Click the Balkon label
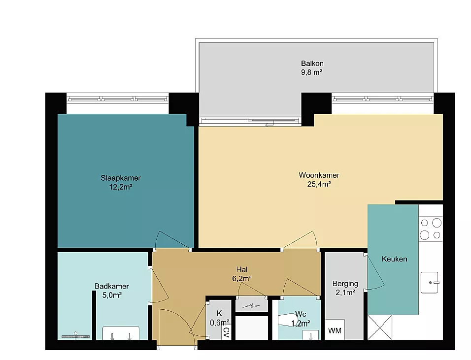[312, 64]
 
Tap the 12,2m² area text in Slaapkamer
[120, 187]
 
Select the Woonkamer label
[319, 175]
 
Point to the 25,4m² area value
[319, 184]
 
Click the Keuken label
[395, 259]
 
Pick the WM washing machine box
[335, 329]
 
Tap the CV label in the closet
[227, 332]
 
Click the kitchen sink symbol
[430, 283]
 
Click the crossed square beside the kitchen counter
[380, 327]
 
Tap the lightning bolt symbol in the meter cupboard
[251, 306]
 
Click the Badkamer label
[112, 286]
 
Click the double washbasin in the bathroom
[121, 333]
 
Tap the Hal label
[242, 269]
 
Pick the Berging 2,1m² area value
[345, 293]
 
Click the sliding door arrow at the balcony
[270, 125]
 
